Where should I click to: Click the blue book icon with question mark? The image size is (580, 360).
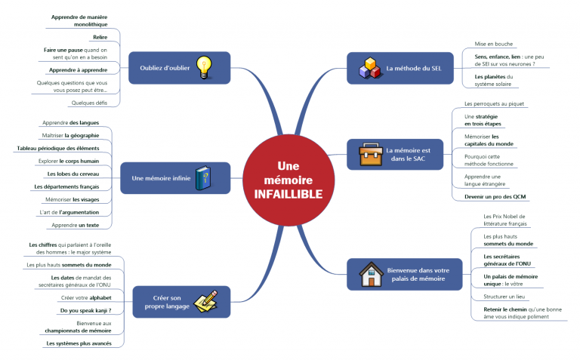click(203, 178)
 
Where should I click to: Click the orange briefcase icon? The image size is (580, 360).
click(369, 154)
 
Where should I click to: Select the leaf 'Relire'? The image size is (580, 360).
click(100, 36)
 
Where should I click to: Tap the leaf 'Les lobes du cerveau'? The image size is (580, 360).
click(79, 174)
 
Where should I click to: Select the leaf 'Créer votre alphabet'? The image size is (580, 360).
click(86, 297)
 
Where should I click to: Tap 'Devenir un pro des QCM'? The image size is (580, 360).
click(495, 196)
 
